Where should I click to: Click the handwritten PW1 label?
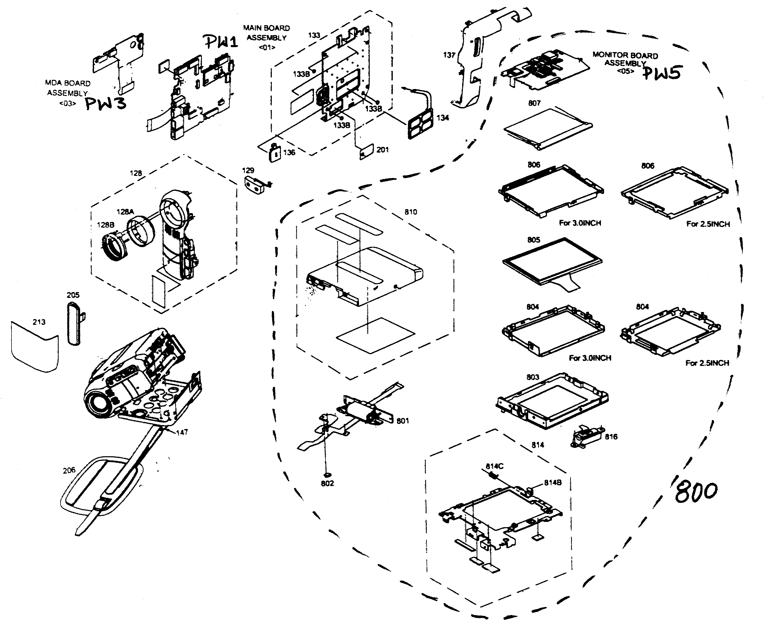pos(221,42)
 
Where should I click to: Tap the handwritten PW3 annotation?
pos(106,103)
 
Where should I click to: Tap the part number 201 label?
pos(382,150)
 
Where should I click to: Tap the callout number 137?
pos(449,55)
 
